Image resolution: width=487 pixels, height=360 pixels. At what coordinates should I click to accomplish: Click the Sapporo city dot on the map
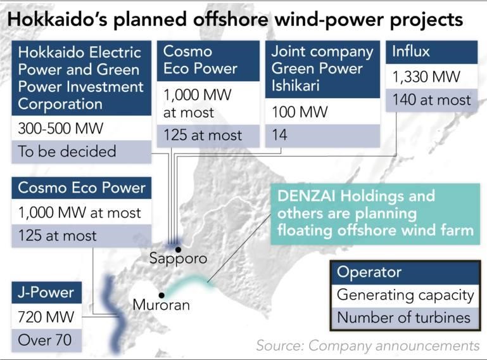[x=178, y=249]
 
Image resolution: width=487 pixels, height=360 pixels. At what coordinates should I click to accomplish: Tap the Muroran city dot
[x=161, y=295]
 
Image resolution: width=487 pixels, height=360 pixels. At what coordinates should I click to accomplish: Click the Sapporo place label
[x=178, y=259]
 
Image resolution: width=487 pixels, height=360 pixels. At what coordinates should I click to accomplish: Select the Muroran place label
[x=161, y=305]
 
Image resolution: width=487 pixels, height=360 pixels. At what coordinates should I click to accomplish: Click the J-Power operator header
[x=47, y=293]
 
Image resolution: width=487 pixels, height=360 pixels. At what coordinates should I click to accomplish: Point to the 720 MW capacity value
[x=46, y=317]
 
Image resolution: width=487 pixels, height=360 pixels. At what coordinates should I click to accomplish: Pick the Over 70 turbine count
[x=45, y=340]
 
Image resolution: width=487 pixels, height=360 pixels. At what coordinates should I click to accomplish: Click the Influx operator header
[x=431, y=52]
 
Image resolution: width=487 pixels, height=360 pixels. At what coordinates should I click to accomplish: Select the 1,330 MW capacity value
[x=426, y=77]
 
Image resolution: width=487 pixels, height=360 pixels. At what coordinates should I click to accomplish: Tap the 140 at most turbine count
[x=431, y=100]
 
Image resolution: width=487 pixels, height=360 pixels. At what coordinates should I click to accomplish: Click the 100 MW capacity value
[x=300, y=112]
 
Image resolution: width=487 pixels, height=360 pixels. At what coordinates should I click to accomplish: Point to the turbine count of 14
[x=279, y=135]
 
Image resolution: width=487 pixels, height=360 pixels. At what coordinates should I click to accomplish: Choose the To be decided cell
[x=67, y=151]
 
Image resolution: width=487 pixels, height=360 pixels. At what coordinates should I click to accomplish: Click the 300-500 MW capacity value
[x=61, y=129]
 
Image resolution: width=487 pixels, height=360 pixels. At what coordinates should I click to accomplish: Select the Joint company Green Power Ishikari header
[x=322, y=69]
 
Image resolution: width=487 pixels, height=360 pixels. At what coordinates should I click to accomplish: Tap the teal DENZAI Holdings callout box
[x=375, y=214]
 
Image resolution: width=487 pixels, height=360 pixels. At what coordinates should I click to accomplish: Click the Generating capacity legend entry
[x=405, y=295]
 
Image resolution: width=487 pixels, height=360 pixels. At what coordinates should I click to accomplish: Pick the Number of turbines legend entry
[x=404, y=318]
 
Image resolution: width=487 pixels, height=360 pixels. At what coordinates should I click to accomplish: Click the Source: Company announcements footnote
[x=368, y=345]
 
